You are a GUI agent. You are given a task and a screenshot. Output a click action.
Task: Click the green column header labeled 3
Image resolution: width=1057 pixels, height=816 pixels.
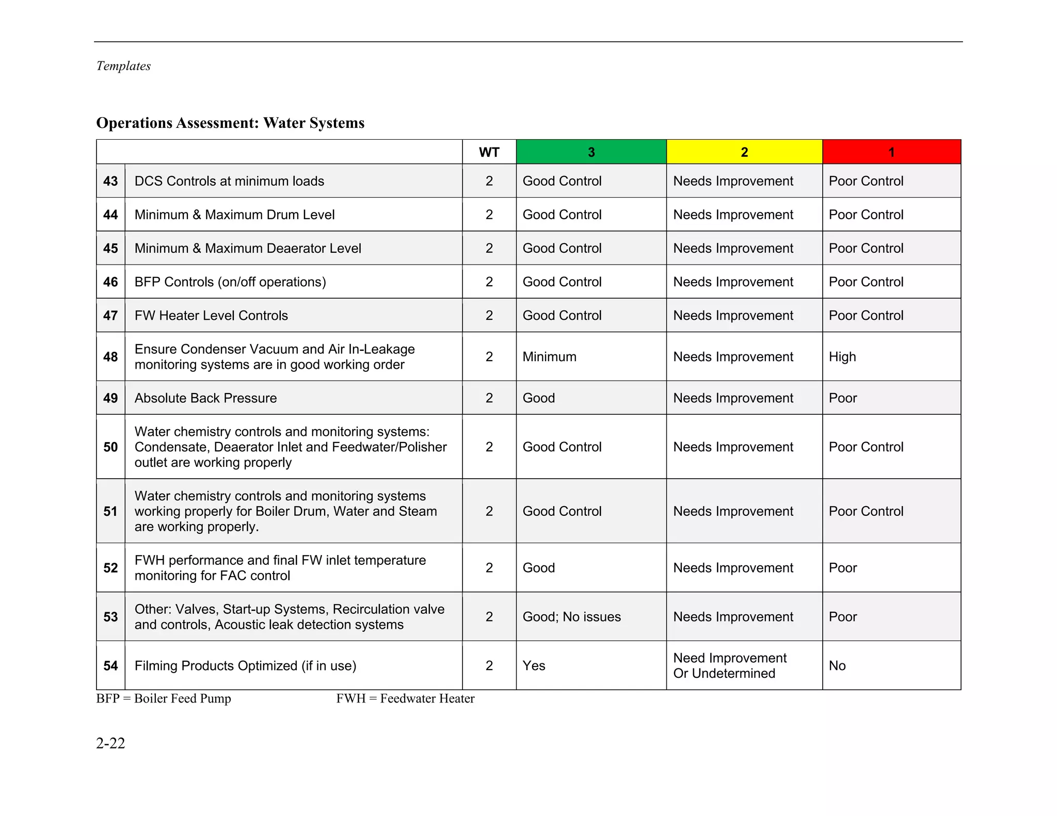click(591, 152)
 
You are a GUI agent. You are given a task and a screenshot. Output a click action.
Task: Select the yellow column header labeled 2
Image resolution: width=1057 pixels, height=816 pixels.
click(744, 152)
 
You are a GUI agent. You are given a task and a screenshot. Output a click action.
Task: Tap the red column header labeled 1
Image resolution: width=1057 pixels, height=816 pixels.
click(891, 152)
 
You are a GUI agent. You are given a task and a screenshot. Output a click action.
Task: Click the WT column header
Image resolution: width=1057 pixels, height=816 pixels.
click(489, 152)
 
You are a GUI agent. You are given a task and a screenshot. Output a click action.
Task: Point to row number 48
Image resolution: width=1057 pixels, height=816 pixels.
click(110, 357)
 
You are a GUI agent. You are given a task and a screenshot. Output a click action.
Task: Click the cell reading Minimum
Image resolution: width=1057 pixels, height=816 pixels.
click(549, 357)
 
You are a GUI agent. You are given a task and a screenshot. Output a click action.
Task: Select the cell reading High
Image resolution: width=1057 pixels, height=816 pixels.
click(842, 357)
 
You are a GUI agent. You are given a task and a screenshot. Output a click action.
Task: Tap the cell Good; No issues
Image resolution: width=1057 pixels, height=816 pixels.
click(571, 617)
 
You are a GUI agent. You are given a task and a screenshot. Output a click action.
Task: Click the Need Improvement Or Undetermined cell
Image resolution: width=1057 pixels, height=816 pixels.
click(729, 665)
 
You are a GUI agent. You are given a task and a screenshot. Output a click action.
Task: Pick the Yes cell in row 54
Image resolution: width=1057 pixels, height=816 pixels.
click(534, 666)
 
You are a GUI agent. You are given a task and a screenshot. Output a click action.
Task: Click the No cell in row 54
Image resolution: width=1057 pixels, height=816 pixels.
click(837, 666)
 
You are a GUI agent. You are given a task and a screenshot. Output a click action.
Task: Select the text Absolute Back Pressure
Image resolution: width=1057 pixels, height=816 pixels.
click(205, 398)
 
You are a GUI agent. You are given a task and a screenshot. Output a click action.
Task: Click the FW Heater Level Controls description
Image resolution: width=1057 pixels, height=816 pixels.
click(211, 316)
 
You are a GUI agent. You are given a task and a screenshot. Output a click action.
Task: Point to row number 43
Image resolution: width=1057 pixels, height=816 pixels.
click(110, 181)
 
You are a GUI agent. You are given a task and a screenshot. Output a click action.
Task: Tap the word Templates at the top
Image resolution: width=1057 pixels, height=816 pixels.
click(123, 66)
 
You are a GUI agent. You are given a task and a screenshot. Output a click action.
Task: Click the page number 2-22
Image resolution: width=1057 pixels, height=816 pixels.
click(110, 743)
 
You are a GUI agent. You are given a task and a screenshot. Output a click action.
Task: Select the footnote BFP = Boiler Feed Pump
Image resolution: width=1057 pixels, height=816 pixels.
click(164, 698)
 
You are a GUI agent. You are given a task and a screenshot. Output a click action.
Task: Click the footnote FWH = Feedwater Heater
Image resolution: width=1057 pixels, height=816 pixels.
click(405, 698)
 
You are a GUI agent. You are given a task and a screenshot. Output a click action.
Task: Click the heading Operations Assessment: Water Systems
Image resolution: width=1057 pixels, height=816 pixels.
click(230, 123)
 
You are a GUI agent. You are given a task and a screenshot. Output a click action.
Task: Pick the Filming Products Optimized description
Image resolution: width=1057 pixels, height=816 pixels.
click(245, 666)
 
